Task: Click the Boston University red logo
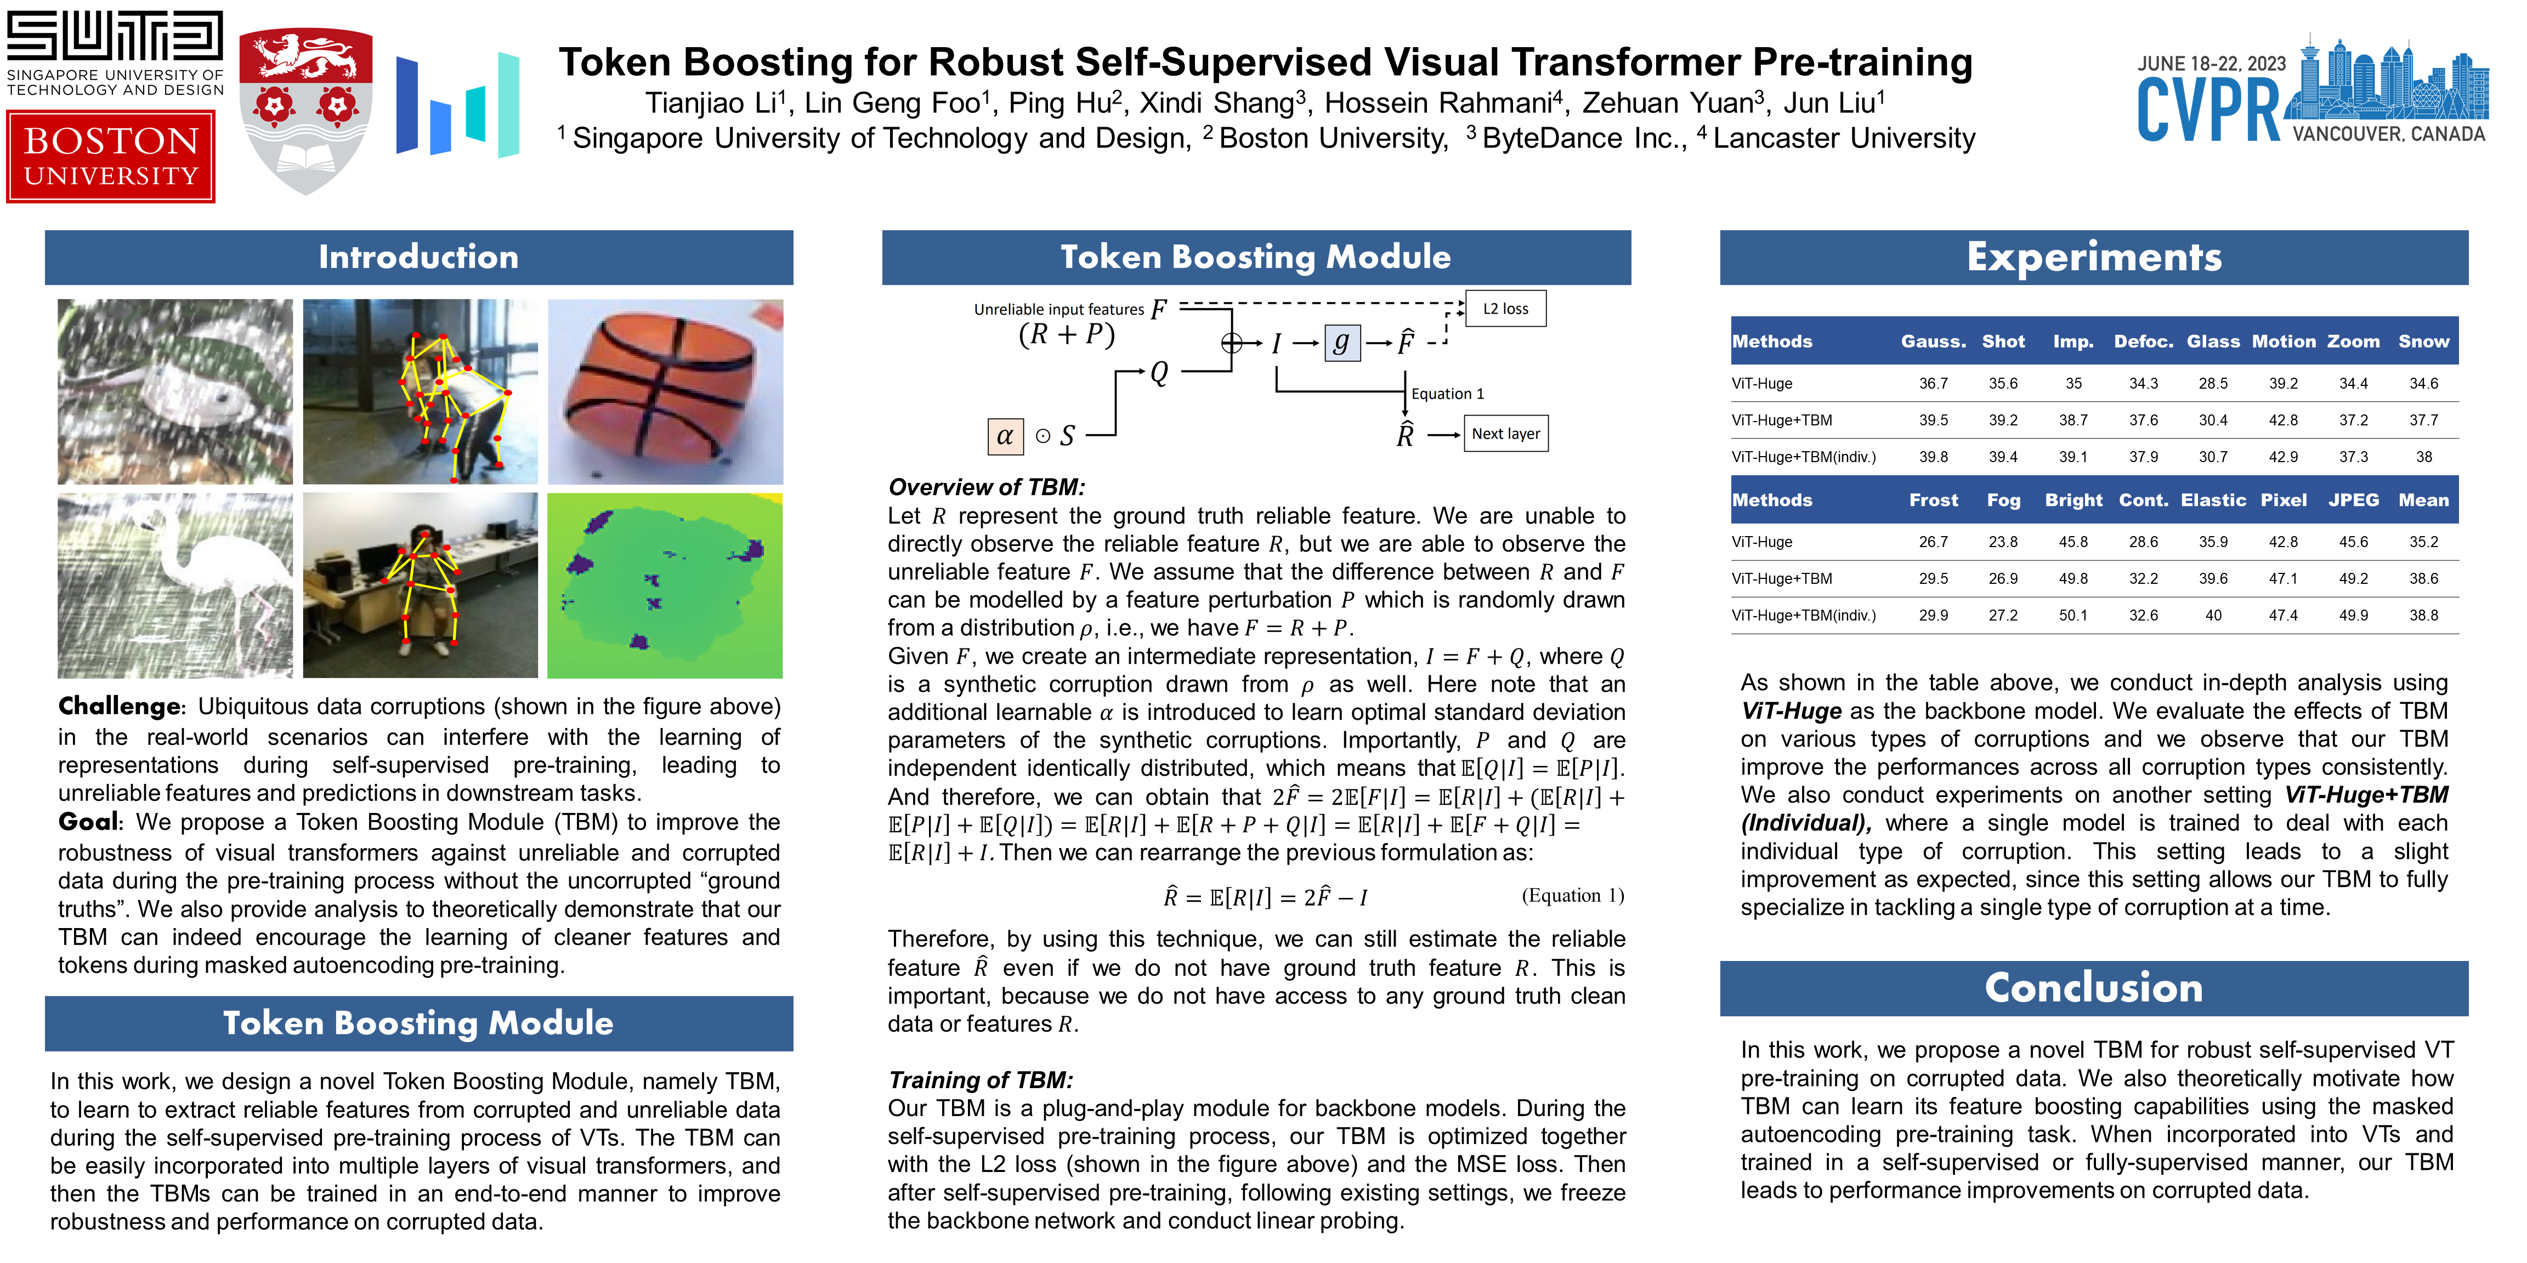click(111, 157)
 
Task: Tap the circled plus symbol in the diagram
click(1231, 342)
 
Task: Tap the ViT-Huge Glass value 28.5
click(2213, 383)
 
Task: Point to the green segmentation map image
click(665, 585)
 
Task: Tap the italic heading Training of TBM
click(980, 1079)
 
